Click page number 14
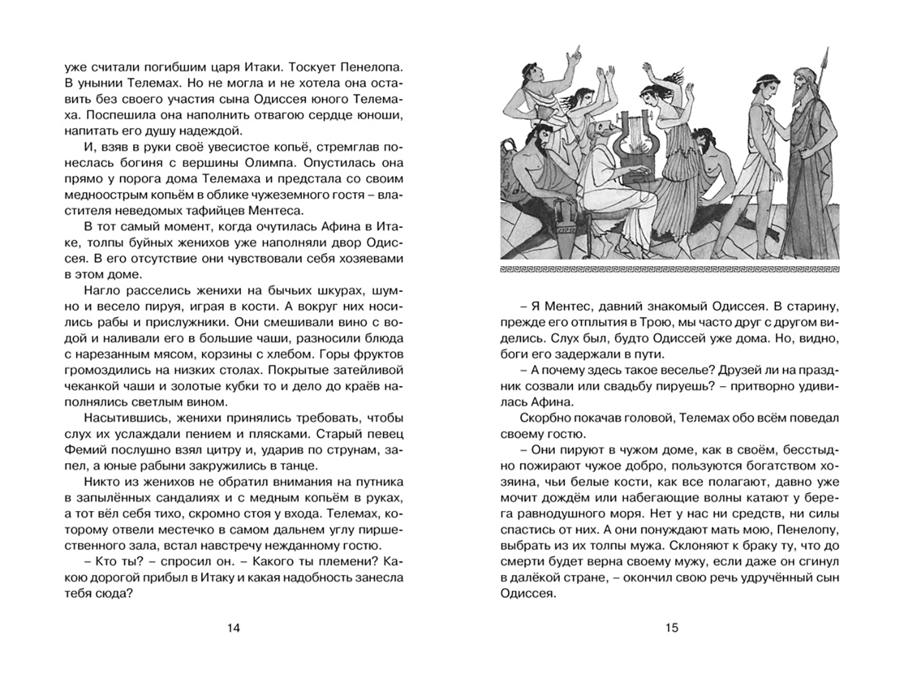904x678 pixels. (x=234, y=628)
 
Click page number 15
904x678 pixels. (x=672, y=628)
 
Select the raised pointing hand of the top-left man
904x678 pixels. (x=572, y=55)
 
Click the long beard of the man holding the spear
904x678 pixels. (x=800, y=94)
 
